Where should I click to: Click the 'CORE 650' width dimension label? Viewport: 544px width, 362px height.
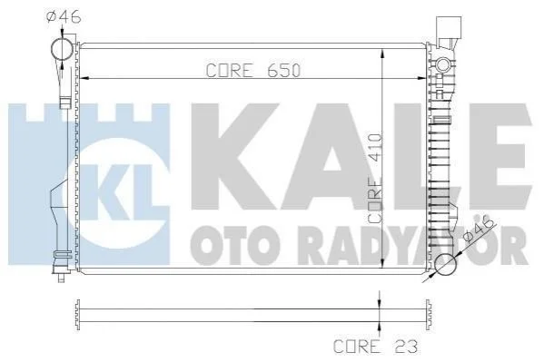pyautogui.click(x=252, y=71)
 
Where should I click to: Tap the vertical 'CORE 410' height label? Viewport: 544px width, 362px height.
pyautogui.click(x=375, y=178)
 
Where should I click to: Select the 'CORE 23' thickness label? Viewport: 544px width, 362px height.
pyautogui.click(x=375, y=346)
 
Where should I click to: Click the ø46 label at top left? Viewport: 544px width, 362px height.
pyautogui.click(x=64, y=16)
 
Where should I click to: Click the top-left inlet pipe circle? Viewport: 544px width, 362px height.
pyautogui.click(x=62, y=49)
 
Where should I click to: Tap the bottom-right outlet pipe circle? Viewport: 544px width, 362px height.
pyautogui.click(x=446, y=265)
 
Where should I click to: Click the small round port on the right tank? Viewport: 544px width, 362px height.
pyautogui.click(x=442, y=64)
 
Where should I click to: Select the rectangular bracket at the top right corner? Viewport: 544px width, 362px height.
pyautogui.click(x=449, y=28)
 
